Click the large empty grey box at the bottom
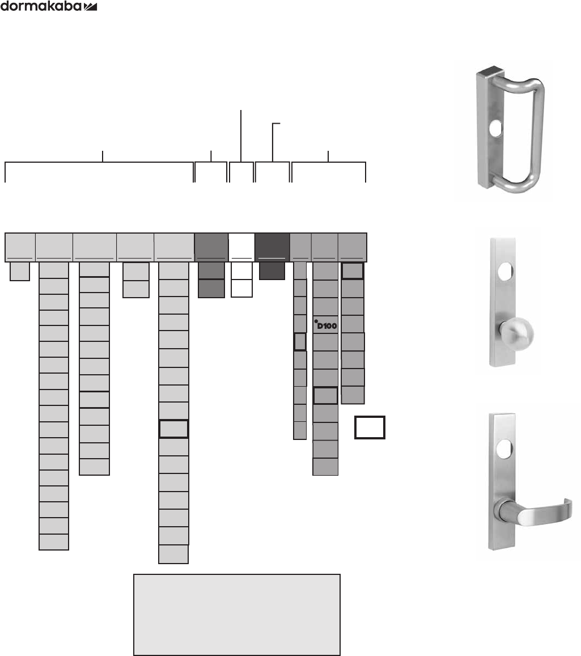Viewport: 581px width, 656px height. click(236, 615)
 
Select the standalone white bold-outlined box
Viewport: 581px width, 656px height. click(370, 428)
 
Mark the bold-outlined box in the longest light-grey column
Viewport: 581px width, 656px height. click(173, 429)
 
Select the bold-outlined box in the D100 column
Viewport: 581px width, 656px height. click(325, 395)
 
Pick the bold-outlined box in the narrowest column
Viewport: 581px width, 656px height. click(300, 342)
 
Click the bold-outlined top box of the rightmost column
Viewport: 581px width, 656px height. click(353, 271)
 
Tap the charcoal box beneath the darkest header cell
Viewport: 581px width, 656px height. click(272, 270)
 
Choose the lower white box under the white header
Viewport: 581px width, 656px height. click(241, 288)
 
